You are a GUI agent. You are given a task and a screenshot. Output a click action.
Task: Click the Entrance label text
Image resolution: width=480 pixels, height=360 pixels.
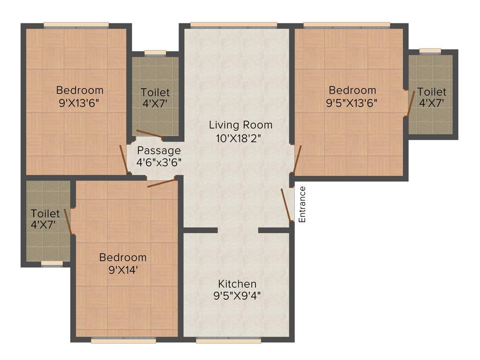(x=302, y=204)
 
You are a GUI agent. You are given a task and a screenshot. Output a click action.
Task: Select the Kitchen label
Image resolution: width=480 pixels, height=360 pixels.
(x=237, y=284)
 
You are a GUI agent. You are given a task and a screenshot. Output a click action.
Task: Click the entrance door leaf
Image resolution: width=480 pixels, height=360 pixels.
(x=286, y=204)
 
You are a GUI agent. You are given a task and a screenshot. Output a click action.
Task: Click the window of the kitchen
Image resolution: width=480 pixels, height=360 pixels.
(x=228, y=341)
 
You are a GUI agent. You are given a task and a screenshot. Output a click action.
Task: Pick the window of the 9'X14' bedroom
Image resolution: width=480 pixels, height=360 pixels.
(x=123, y=341)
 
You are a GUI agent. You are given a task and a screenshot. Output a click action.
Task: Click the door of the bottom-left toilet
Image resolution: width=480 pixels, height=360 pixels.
(x=67, y=221)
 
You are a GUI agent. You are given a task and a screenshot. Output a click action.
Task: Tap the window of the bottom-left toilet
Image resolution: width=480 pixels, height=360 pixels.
(x=52, y=263)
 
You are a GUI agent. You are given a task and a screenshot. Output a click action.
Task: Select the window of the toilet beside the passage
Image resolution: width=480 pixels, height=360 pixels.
(x=155, y=53)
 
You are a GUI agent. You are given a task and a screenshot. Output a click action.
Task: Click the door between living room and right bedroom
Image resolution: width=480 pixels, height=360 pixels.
(x=297, y=159)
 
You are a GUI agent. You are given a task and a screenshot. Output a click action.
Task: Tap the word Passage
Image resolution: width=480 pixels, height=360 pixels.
(x=159, y=151)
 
